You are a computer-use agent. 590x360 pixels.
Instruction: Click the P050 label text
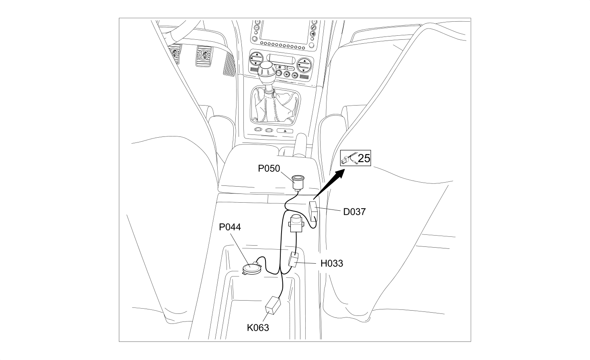[x=269, y=169]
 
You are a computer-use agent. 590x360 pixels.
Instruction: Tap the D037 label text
[x=354, y=212]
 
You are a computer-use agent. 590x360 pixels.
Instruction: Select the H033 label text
[x=332, y=263]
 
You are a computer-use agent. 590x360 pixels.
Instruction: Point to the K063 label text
[x=258, y=327]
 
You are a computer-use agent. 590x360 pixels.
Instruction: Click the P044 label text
[x=230, y=227]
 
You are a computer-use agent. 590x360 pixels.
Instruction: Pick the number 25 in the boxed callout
[x=364, y=158]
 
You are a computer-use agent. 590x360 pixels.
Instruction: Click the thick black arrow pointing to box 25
[x=329, y=184]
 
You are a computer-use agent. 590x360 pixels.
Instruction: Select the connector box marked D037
[x=314, y=212]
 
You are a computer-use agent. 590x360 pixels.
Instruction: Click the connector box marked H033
[x=294, y=260]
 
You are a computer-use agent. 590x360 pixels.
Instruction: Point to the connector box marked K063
[x=273, y=305]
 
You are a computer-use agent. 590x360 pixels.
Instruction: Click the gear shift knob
[x=267, y=69]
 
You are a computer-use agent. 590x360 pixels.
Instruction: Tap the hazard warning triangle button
[x=285, y=130]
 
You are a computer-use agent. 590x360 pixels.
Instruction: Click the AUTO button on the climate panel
[x=290, y=68]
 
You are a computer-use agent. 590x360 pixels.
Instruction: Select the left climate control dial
[x=256, y=59]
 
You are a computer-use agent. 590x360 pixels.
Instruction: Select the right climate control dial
[x=304, y=65]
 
